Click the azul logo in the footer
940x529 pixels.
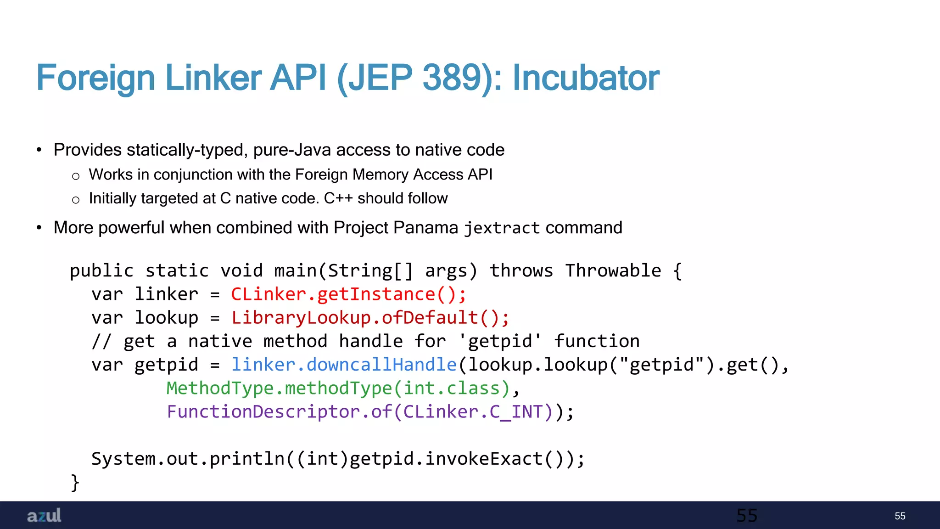point(44,516)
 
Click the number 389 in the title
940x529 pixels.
point(452,78)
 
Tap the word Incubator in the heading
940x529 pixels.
point(586,78)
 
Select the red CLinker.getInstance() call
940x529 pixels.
point(348,294)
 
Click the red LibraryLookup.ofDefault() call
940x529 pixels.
point(370,318)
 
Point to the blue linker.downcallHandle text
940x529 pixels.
point(344,365)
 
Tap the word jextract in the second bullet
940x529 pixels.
point(502,228)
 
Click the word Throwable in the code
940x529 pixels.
point(613,271)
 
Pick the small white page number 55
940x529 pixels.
point(900,516)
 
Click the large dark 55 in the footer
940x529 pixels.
point(747,516)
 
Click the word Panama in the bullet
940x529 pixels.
point(425,228)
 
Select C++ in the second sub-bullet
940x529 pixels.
point(338,198)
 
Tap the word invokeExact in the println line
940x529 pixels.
point(484,459)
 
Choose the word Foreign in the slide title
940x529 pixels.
point(95,78)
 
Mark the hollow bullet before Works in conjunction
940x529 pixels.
point(76,176)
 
